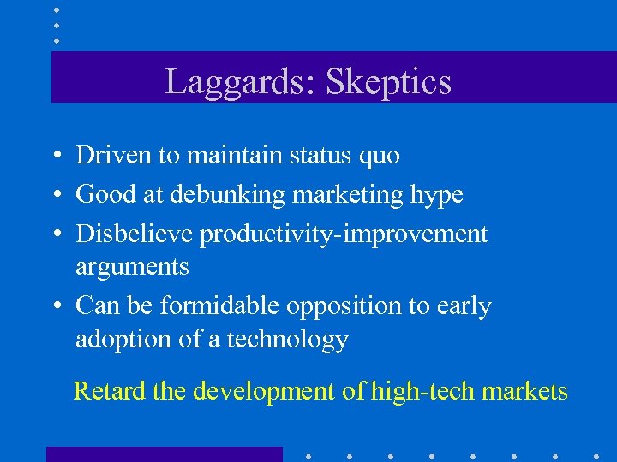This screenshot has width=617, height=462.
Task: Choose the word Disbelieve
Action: (133, 234)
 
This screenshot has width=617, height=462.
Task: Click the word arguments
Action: (132, 268)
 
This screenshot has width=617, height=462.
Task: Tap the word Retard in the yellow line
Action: (110, 391)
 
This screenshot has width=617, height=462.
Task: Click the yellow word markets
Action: (524, 392)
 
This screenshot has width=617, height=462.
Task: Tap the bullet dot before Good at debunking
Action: (54, 196)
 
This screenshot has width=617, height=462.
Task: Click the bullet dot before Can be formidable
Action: (54, 306)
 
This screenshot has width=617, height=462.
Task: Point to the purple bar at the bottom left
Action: (164, 454)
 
